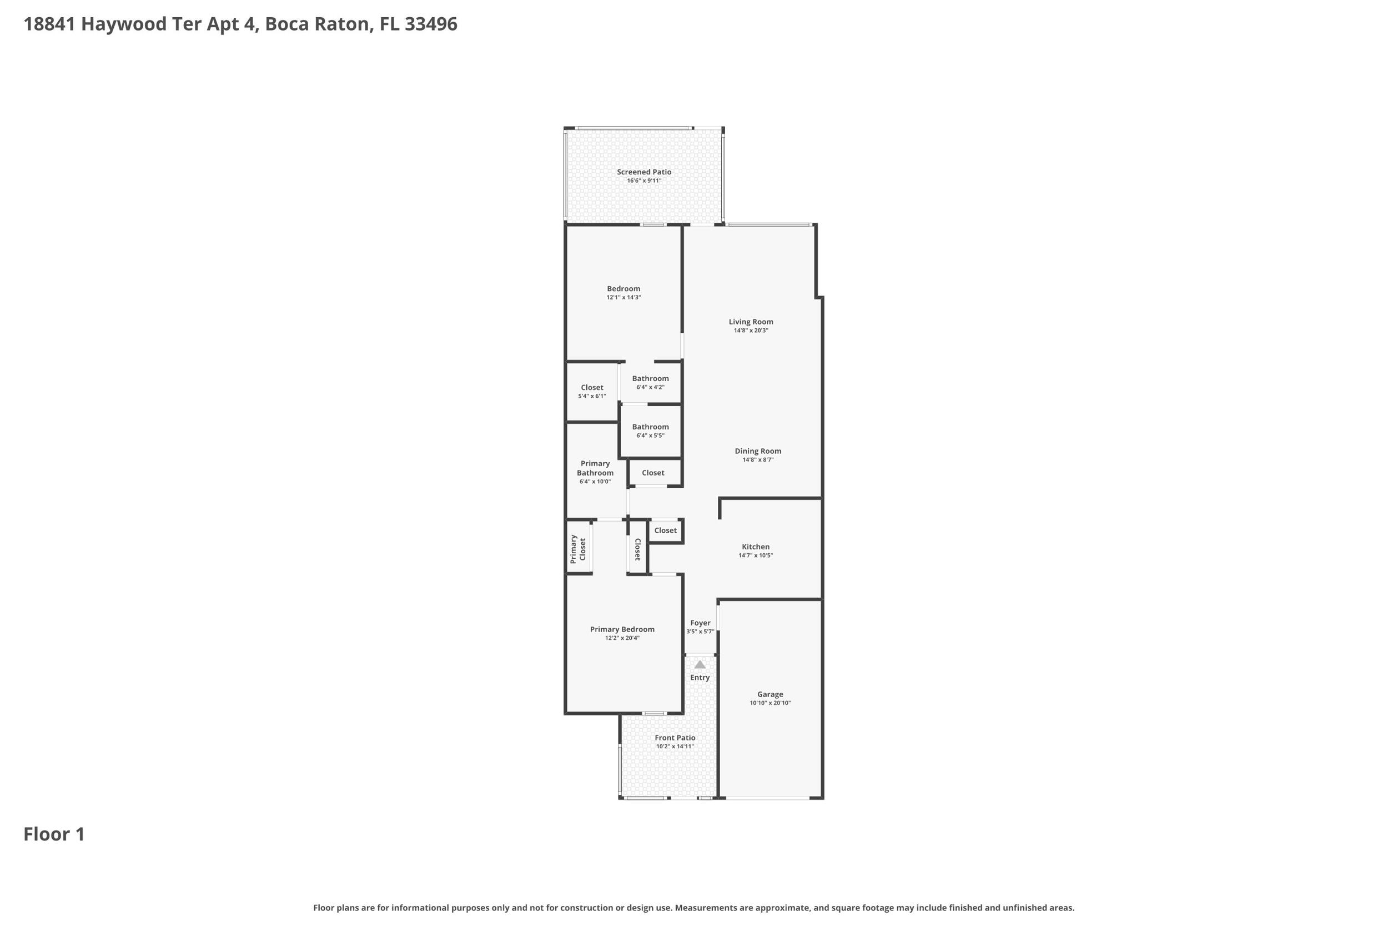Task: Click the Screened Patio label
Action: click(x=644, y=172)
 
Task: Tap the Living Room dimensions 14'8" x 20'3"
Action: click(x=751, y=331)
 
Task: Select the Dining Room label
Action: click(x=758, y=451)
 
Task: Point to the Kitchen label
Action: click(x=756, y=547)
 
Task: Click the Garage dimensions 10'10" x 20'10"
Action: click(x=770, y=703)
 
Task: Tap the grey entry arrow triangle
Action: click(x=700, y=664)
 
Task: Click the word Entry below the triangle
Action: click(x=700, y=677)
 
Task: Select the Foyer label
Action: click(x=701, y=623)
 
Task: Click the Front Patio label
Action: click(x=675, y=738)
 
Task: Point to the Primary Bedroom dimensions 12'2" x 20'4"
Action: click(x=622, y=638)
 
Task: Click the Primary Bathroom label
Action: click(x=595, y=468)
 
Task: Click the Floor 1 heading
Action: click(x=54, y=834)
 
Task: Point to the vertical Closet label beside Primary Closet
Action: click(x=637, y=549)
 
